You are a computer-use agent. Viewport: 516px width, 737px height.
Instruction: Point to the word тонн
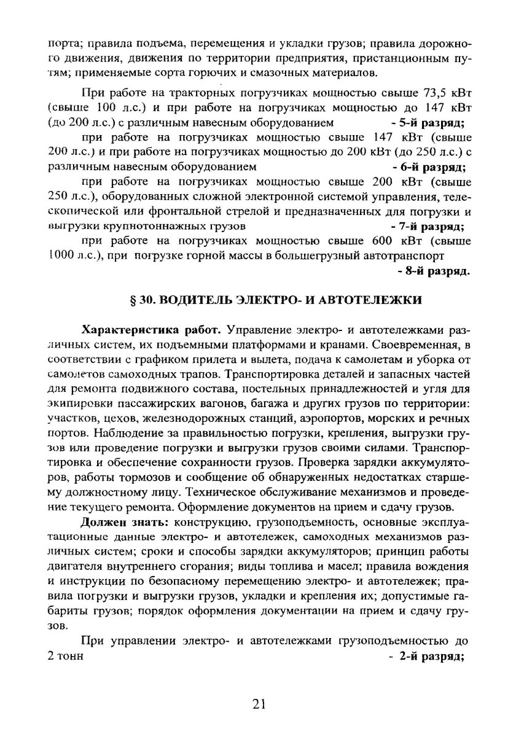tap(67, 656)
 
